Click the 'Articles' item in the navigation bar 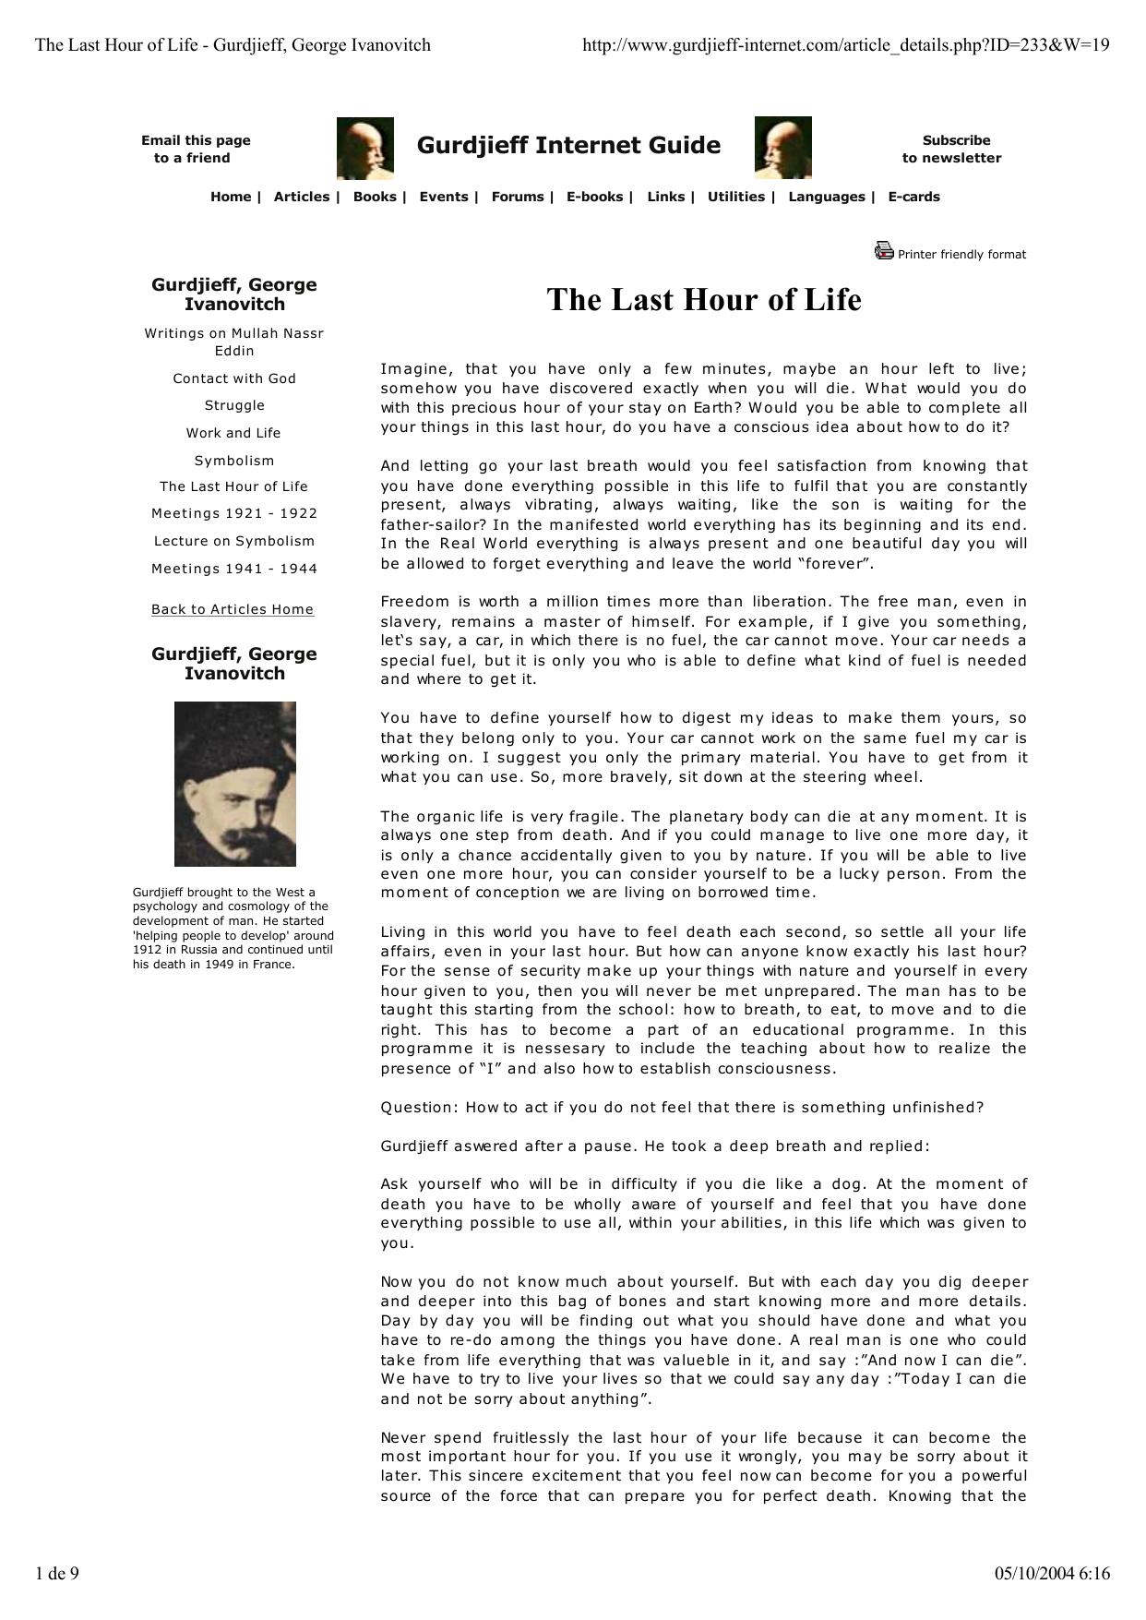302,197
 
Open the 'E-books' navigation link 595,197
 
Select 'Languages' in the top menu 827,197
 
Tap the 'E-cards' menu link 913,197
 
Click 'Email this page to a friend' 196,150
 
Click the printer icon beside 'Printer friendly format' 884,250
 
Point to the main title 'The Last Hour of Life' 703,300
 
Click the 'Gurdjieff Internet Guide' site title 568,145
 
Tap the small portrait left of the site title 365,147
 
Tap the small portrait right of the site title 782,147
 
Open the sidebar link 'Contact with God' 234,378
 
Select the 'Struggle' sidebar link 234,405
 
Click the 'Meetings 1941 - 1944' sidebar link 234,569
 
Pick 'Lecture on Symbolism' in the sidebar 234,541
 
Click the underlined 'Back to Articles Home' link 233,609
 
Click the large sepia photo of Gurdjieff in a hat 235,784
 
